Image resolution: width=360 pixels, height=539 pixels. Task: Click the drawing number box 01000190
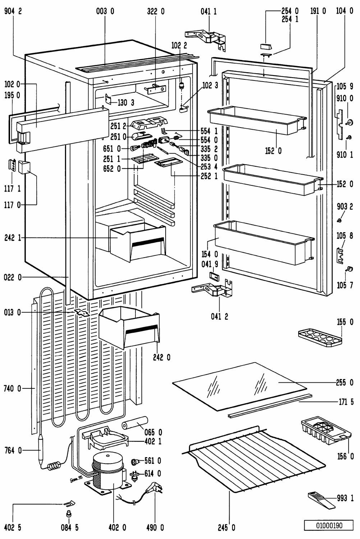[x=329, y=525]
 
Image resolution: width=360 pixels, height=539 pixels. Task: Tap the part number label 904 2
[x=13, y=11]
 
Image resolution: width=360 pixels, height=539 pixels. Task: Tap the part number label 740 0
[x=13, y=388]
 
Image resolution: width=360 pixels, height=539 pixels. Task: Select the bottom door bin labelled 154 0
[x=262, y=241]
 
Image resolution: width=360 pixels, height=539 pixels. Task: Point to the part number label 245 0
[x=226, y=528]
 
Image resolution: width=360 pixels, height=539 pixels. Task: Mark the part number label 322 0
[x=156, y=11]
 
